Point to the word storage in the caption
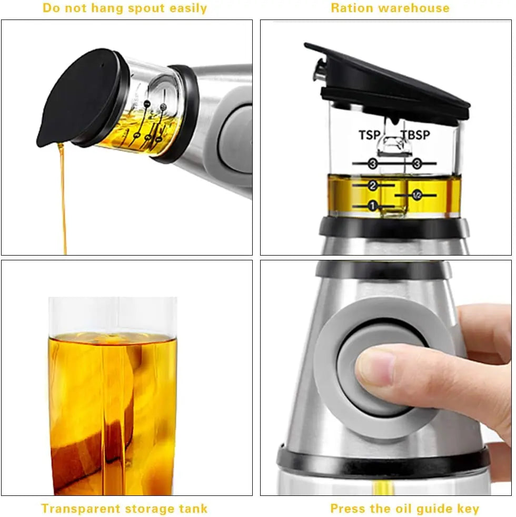(145, 509)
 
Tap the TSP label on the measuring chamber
(370, 135)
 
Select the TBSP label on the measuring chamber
(415, 135)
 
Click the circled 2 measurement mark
(373, 186)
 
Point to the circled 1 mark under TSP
(373, 206)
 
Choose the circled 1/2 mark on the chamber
(416, 196)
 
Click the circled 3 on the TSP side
(373, 164)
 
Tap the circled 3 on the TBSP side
(418, 164)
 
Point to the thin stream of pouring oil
(63, 200)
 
